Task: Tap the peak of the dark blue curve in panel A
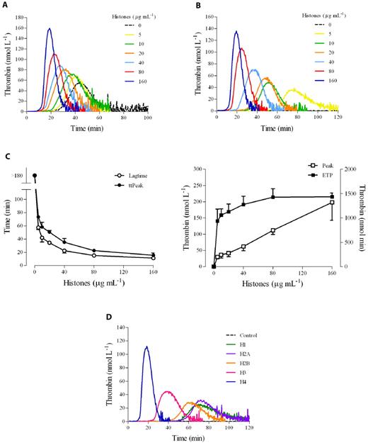(50, 29)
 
